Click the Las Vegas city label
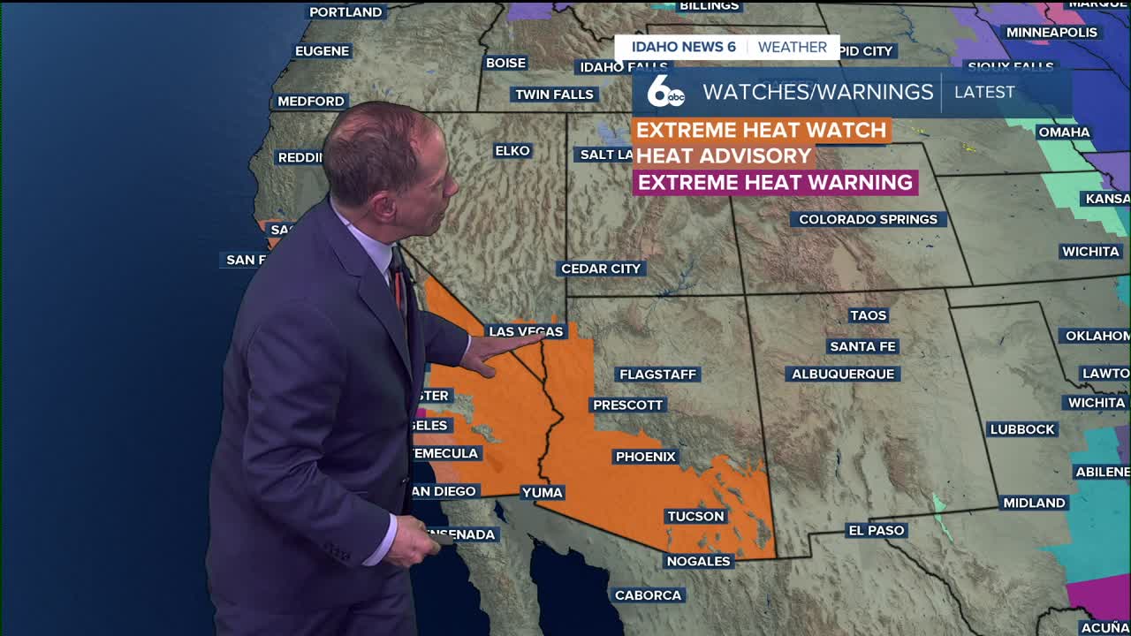[526, 331]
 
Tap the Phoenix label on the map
[646, 457]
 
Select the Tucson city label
[695, 516]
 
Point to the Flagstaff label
[657, 375]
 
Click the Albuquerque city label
[843, 374]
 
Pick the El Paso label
[877, 530]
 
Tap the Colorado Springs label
[868, 219]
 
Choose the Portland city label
[345, 12]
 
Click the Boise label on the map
[506, 63]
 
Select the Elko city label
[512, 151]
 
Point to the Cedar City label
[601, 269]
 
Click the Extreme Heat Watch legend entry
[761, 130]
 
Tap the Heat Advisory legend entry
[723, 155]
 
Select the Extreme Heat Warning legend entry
[775, 182]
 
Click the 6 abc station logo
[665, 92]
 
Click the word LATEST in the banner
[984, 92]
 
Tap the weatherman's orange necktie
[399, 287]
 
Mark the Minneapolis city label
[1051, 33]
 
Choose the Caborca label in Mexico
[648, 595]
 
